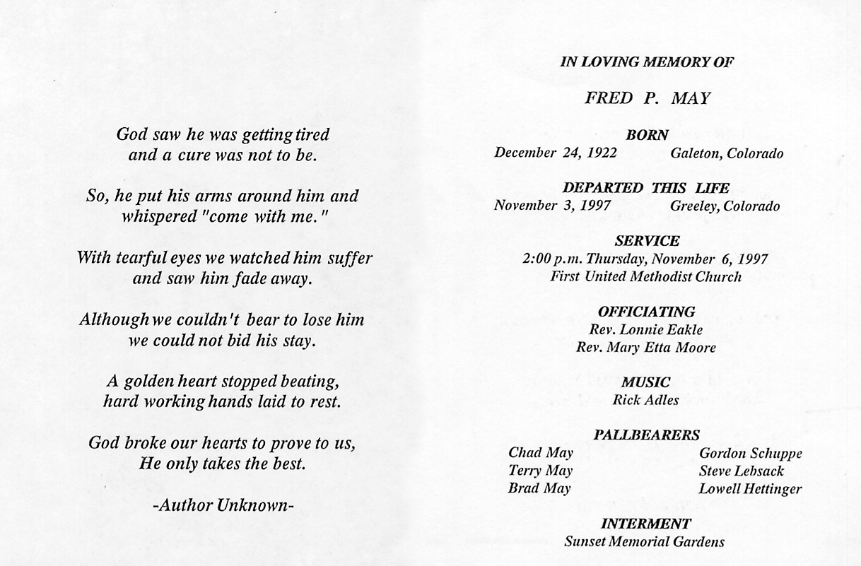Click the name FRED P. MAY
(647, 98)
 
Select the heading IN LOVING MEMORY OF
(647, 62)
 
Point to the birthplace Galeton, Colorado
(727, 153)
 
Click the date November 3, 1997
(543, 206)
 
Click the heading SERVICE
(647, 242)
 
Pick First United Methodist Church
(646, 277)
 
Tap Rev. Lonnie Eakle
(646, 329)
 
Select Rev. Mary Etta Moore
(646, 348)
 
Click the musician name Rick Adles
(646, 400)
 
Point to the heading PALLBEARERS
(647, 435)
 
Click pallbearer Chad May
(541, 453)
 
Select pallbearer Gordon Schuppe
(750, 454)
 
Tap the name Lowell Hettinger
(750, 488)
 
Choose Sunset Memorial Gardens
(645, 542)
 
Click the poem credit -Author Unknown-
(222, 505)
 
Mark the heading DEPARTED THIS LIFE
(646, 189)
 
